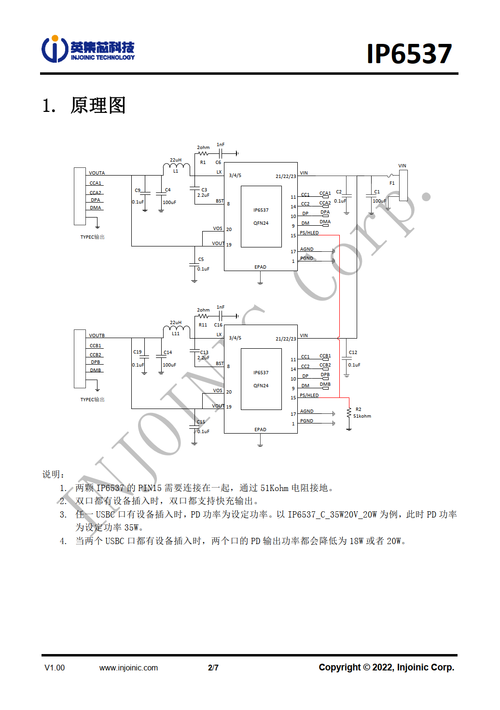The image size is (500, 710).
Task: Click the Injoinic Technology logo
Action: pyautogui.click(x=88, y=50)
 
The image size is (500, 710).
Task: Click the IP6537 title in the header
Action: pyautogui.click(x=409, y=54)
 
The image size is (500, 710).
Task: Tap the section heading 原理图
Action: pyautogui.click(x=98, y=105)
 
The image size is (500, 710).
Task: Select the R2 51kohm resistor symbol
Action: pyautogui.click(x=349, y=413)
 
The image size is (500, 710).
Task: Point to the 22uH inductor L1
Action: pyautogui.click(x=176, y=168)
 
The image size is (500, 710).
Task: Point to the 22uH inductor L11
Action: pyautogui.click(x=176, y=330)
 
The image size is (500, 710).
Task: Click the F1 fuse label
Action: pyautogui.click(x=392, y=183)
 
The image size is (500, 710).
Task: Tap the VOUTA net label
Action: pyautogui.click(x=97, y=173)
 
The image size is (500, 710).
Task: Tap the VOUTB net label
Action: pyautogui.click(x=97, y=335)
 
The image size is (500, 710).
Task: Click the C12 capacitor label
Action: pyautogui.click(x=353, y=353)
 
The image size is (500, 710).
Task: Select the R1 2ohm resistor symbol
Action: pyautogui.click(x=203, y=154)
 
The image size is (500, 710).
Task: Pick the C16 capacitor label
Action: pyautogui.click(x=218, y=325)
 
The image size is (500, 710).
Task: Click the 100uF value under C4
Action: pyautogui.click(x=169, y=203)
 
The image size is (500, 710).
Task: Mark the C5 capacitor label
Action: pyautogui.click(x=201, y=259)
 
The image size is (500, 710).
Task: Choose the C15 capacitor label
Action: pyautogui.click(x=201, y=422)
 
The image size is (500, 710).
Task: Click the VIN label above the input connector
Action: pyautogui.click(x=402, y=166)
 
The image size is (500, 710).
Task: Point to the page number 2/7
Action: pyautogui.click(x=213, y=668)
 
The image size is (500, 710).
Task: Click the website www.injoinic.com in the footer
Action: pyautogui.click(x=128, y=668)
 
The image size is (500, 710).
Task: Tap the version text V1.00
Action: pyautogui.click(x=55, y=668)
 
